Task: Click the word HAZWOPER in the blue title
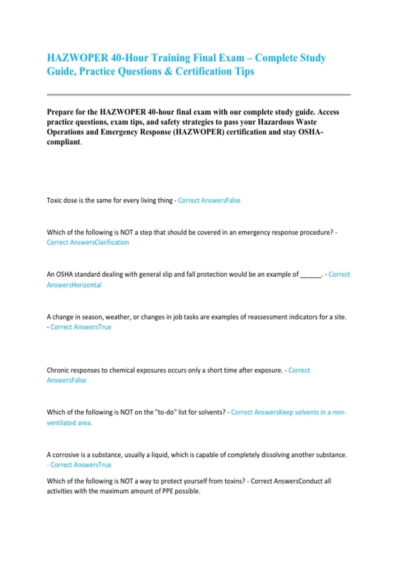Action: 77,58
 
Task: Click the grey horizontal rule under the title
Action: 198,95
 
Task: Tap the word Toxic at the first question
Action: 54,200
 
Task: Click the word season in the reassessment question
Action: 92,317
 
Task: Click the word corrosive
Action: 66,455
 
